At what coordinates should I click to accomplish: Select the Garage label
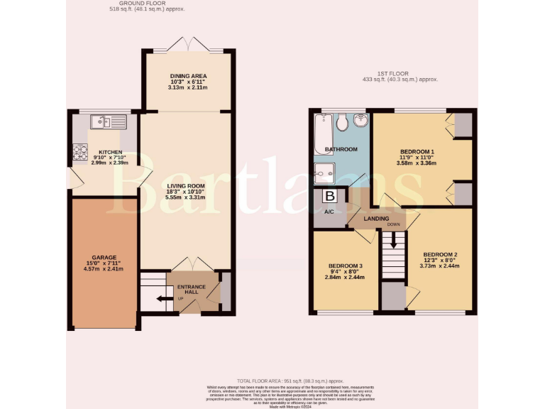tap(104, 258)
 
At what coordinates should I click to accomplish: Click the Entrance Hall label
tap(191, 287)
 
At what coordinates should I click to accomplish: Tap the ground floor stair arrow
tap(161, 298)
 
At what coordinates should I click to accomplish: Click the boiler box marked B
tap(329, 196)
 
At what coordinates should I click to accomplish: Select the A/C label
tap(329, 212)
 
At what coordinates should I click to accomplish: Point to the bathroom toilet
tap(342, 124)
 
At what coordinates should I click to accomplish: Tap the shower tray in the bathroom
tap(324, 172)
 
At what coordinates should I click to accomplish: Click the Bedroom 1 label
tap(417, 152)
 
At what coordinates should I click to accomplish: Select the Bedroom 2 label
tap(440, 254)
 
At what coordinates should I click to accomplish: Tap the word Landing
tap(375, 219)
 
